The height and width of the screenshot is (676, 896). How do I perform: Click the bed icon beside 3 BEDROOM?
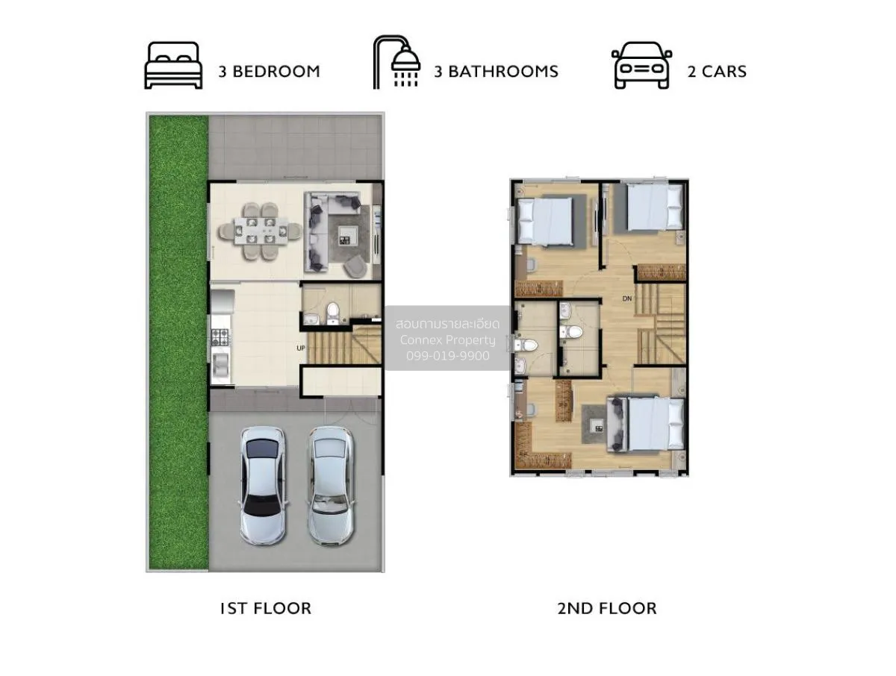pyautogui.click(x=173, y=65)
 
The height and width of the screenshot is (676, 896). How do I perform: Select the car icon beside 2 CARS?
pyautogui.click(x=641, y=65)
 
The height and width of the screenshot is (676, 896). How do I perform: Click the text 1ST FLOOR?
pyautogui.click(x=265, y=609)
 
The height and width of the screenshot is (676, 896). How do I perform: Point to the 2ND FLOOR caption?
pyautogui.click(x=607, y=609)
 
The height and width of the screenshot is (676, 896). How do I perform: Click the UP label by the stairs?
pyautogui.click(x=301, y=348)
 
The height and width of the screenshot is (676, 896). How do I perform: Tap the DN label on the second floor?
pyautogui.click(x=627, y=298)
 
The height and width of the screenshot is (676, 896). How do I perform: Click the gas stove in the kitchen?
pyautogui.click(x=221, y=337)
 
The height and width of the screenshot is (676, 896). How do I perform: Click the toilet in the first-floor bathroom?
pyautogui.click(x=333, y=313)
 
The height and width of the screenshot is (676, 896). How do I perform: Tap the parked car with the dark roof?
pyautogui.click(x=264, y=486)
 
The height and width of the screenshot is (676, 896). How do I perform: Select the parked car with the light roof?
pyautogui.click(x=331, y=486)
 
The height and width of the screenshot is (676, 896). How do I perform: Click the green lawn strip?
pyautogui.click(x=178, y=342)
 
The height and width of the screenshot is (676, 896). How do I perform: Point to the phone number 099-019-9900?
pyautogui.click(x=448, y=356)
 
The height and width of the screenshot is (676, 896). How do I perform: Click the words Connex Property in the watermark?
pyautogui.click(x=448, y=340)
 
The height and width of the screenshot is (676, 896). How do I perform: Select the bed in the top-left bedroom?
pyautogui.click(x=544, y=221)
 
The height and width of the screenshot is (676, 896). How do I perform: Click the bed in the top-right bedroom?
pyautogui.click(x=654, y=207)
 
